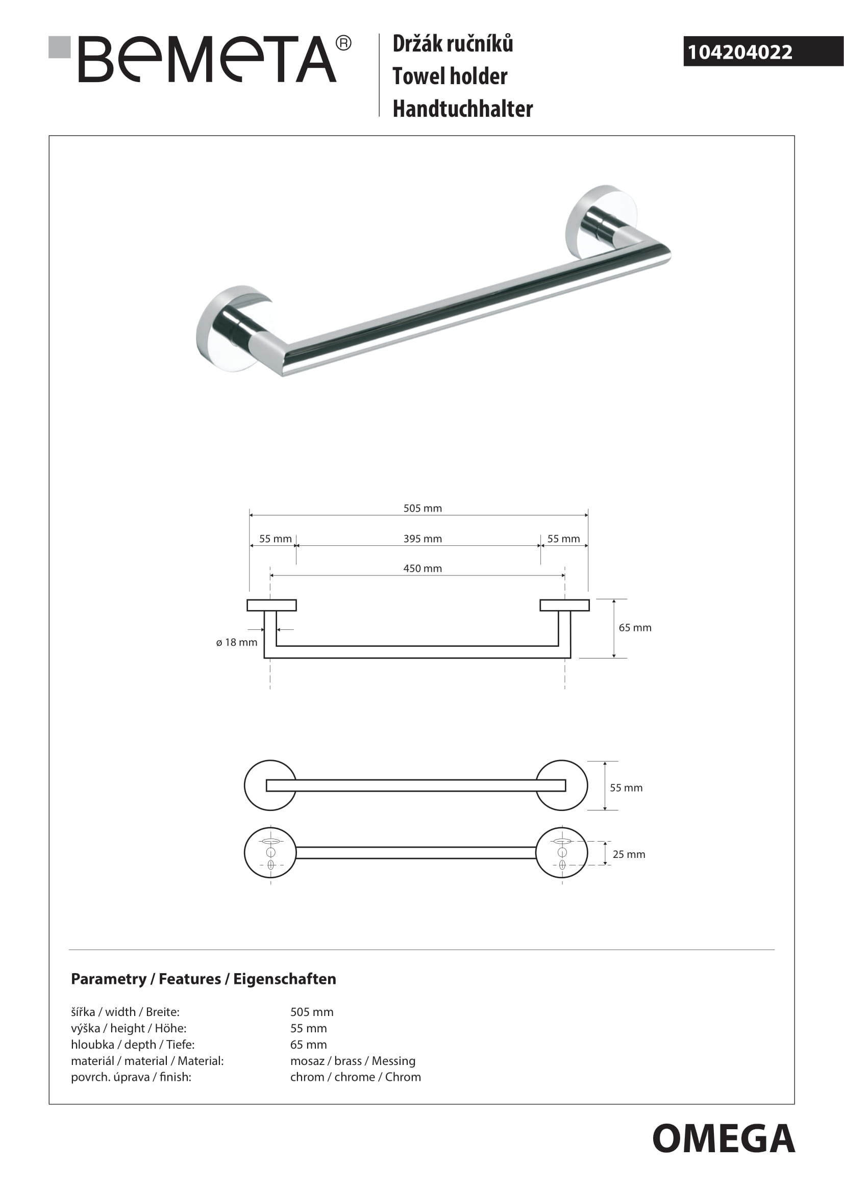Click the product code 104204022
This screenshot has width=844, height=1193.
[739, 52]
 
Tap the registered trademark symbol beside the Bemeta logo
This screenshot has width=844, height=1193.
[343, 43]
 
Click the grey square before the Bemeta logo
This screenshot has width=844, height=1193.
[59, 47]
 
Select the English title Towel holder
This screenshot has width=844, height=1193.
[450, 77]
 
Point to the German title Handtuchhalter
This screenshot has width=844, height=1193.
[462, 109]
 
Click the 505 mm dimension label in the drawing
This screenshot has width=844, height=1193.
[423, 508]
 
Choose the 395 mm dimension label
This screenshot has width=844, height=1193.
[423, 539]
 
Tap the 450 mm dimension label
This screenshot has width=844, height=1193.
[423, 568]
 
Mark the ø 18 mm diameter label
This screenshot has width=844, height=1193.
[236, 642]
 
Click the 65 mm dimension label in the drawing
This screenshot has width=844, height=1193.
[635, 628]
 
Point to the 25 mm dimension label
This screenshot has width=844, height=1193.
[629, 854]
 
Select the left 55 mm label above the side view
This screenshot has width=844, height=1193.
[276, 539]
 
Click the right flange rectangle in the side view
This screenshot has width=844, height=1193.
[564, 605]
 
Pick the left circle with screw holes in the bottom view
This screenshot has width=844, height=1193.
[270, 853]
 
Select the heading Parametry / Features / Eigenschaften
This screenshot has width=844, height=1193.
[203, 979]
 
